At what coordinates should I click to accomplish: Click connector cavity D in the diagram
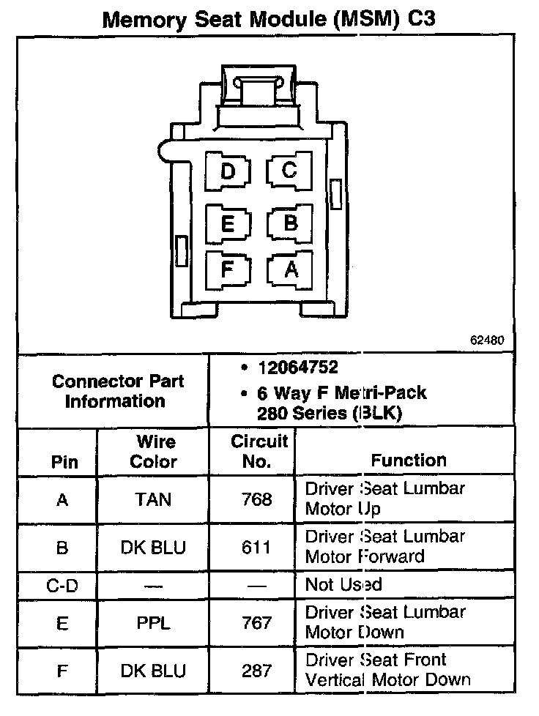click(228, 171)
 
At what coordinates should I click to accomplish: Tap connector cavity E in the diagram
click(228, 222)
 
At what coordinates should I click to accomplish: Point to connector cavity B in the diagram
click(290, 222)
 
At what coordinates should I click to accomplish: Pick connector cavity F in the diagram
click(228, 269)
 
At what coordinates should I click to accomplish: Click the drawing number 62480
click(488, 340)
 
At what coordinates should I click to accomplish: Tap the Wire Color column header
click(154, 452)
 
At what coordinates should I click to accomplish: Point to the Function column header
click(409, 460)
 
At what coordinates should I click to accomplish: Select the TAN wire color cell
click(154, 500)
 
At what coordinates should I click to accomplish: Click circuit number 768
click(256, 500)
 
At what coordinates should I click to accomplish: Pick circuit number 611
click(256, 548)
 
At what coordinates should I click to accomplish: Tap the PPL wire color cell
click(154, 623)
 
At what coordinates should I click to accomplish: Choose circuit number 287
click(256, 671)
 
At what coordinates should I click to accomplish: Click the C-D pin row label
click(62, 586)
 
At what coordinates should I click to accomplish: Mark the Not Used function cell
click(343, 585)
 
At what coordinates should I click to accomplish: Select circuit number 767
click(256, 623)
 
